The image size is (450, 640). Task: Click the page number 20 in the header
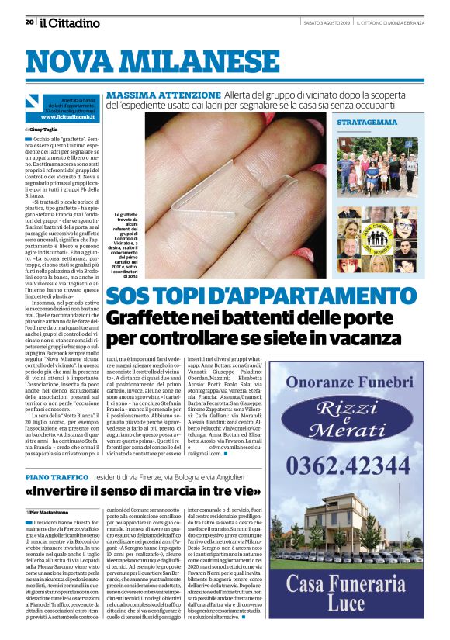click(x=29, y=22)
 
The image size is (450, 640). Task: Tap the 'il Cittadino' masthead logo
click(x=71, y=22)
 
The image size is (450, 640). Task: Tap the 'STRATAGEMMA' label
click(x=363, y=123)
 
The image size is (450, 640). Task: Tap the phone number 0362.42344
click(x=358, y=465)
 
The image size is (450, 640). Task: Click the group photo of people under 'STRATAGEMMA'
click(x=378, y=166)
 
